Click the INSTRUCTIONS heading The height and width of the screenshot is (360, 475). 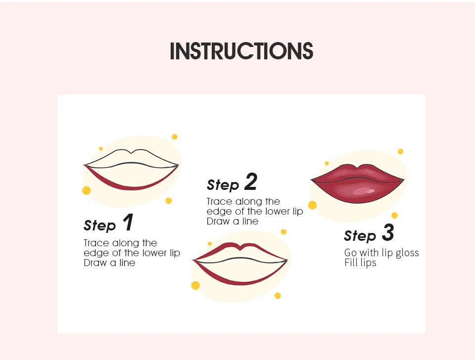click(x=241, y=51)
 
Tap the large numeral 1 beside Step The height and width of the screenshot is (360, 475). click(x=128, y=222)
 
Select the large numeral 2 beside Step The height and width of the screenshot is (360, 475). click(x=251, y=181)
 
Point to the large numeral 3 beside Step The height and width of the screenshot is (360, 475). click(x=388, y=232)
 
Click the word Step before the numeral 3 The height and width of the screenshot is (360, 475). click(x=360, y=235)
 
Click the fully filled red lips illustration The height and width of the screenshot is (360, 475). click(x=357, y=183)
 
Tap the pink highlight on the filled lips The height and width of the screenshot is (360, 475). click(x=364, y=191)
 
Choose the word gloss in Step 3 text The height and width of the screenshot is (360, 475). click(x=407, y=253)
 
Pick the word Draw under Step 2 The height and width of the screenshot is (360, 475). click(x=218, y=222)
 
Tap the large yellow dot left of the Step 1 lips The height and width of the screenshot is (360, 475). click(x=86, y=190)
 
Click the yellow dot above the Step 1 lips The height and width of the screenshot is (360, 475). click(x=175, y=137)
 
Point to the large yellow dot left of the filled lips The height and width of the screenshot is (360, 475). click(x=312, y=205)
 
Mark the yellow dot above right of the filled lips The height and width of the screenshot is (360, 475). click(x=400, y=151)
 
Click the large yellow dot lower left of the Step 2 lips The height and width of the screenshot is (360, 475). click(x=195, y=285)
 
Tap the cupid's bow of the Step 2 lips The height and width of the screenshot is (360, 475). click(x=240, y=248)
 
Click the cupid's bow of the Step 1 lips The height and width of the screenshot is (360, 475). click(x=131, y=152)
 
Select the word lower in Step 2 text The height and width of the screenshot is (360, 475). click(x=277, y=211)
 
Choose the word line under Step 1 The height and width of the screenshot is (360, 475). click(x=127, y=263)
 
